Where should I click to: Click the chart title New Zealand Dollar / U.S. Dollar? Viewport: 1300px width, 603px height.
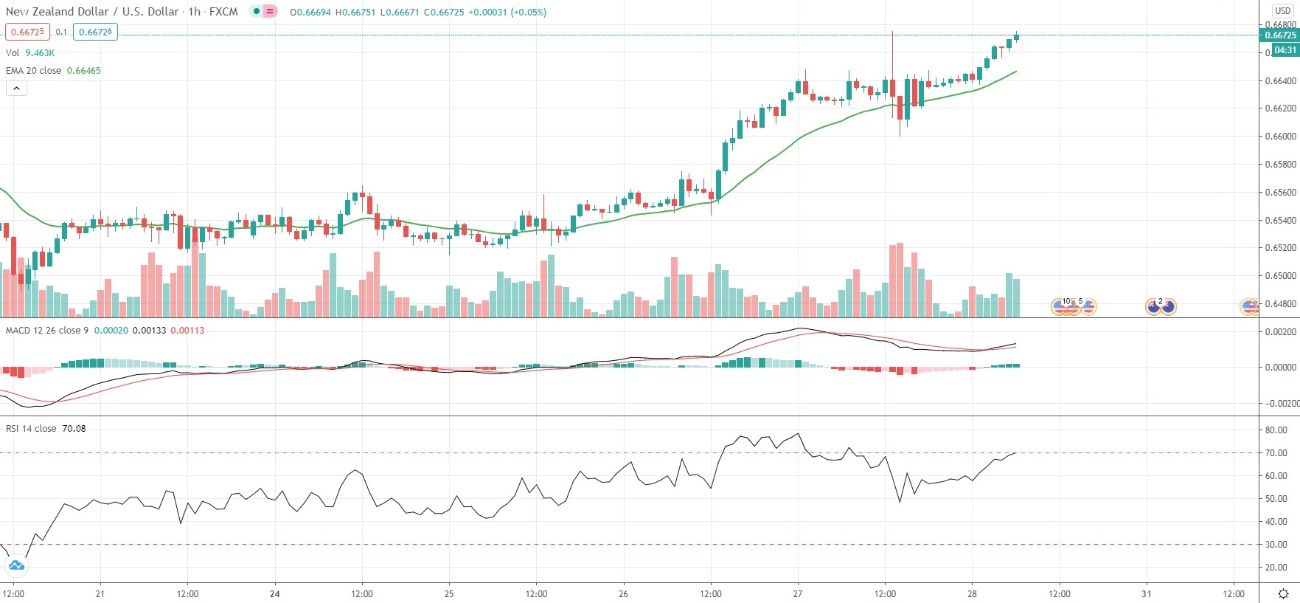point(93,12)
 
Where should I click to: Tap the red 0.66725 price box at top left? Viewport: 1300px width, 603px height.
point(27,32)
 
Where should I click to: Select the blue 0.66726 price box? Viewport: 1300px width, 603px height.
point(96,32)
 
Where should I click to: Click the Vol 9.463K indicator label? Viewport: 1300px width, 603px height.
point(30,53)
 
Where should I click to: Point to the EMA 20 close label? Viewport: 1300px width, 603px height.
point(34,71)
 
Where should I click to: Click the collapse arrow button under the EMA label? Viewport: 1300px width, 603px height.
point(16,89)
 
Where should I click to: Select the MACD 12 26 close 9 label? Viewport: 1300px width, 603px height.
point(47,331)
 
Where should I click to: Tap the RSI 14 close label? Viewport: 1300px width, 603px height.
point(31,429)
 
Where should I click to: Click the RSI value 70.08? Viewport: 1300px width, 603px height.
point(74,429)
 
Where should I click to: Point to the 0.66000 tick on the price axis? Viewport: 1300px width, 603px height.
point(1280,137)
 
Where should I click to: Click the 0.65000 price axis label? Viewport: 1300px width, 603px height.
point(1280,276)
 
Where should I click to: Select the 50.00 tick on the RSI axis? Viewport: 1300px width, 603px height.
point(1276,499)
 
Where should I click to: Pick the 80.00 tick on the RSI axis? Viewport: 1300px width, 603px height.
point(1276,430)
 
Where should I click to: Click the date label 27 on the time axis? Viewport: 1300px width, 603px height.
point(798,594)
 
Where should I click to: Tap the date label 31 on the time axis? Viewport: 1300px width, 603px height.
point(1147,594)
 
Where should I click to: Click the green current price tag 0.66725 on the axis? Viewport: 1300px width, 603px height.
point(1280,35)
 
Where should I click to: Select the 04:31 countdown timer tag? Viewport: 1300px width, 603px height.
point(1285,50)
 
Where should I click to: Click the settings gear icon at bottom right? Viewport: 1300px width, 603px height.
point(1284,594)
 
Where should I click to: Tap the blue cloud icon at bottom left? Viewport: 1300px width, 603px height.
point(16,566)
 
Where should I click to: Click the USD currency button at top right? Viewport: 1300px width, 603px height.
point(1283,10)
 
